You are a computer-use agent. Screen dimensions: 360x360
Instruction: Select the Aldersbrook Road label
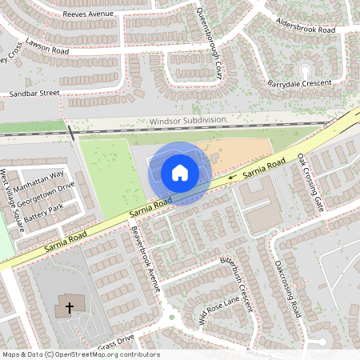304,24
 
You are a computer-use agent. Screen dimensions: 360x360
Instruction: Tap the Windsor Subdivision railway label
189,121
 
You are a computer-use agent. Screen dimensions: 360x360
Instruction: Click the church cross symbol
70,307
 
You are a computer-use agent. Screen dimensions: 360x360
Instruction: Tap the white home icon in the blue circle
180,172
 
